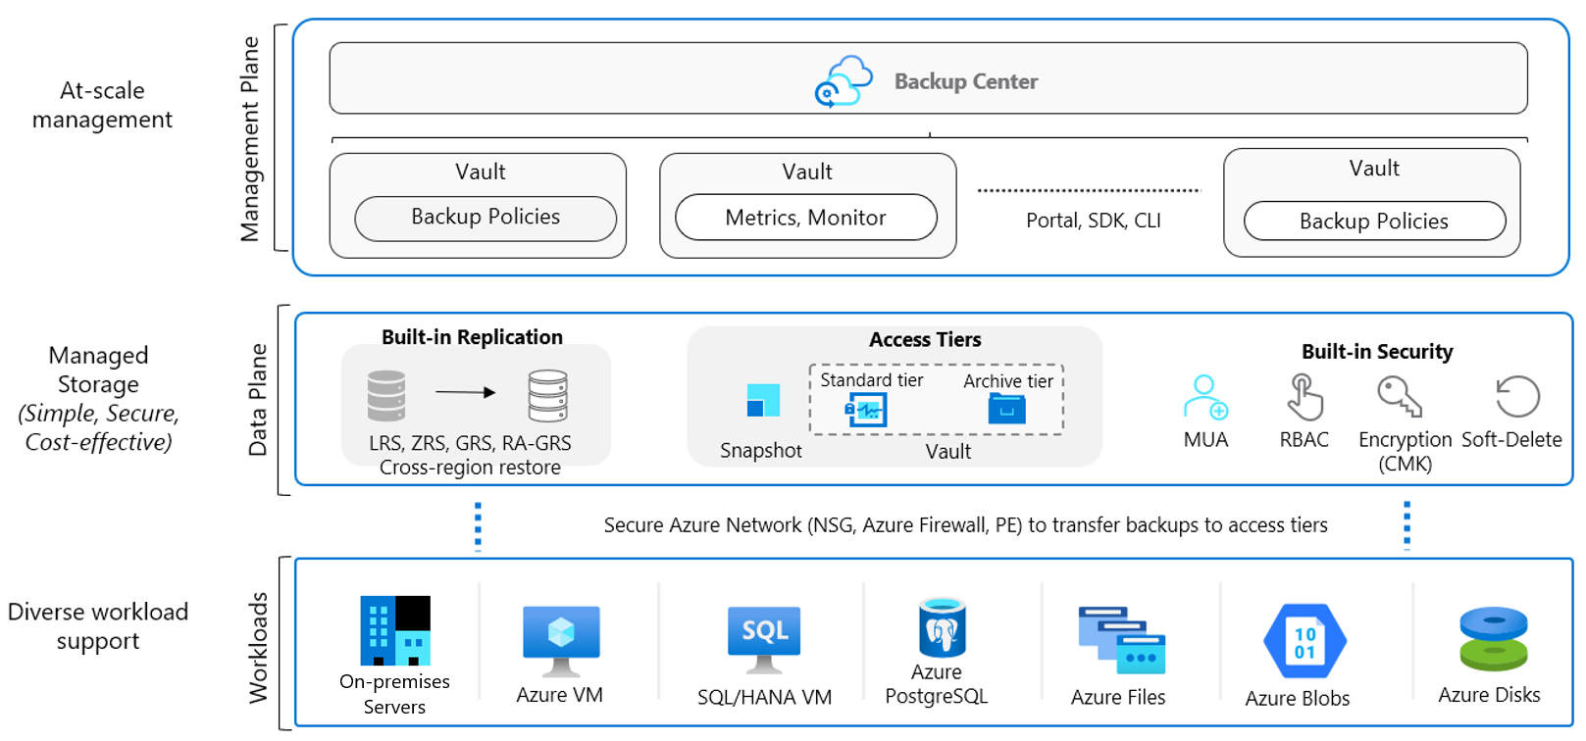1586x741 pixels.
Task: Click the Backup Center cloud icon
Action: [844, 81]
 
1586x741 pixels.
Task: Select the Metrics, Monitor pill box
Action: [806, 218]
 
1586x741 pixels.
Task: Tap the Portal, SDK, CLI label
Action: [1093, 221]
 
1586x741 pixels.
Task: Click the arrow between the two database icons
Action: [465, 392]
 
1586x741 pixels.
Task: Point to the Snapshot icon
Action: [763, 400]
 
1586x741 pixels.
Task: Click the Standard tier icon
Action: [867, 410]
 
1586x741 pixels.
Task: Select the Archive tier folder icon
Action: [1007, 409]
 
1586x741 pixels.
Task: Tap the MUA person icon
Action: [1205, 397]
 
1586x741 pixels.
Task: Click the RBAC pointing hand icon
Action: [1305, 397]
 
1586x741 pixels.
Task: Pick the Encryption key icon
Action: [1399, 397]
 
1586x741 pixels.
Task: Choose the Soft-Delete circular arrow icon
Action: [1516, 397]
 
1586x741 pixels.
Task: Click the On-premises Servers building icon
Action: [395, 630]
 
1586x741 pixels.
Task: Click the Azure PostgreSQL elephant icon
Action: [942, 628]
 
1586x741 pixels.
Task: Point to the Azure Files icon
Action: [1121, 640]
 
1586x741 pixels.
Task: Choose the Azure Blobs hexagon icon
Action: [1305, 641]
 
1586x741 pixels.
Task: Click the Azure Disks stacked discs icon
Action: [1493, 638]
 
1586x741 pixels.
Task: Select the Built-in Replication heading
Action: [472, 337]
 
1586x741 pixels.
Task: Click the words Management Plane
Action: [251, 138]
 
